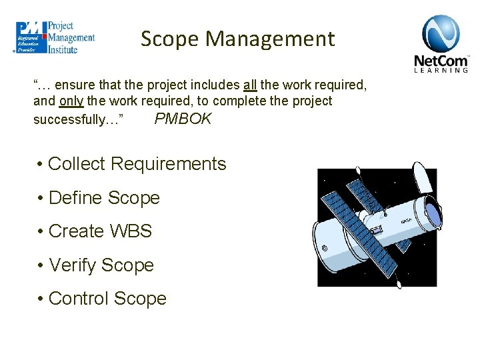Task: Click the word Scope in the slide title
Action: tap(170, 39)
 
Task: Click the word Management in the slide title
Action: tap(270, 39)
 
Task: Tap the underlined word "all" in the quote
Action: tap(250, 85)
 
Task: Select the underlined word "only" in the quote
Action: tap(71, 101)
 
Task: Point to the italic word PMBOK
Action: tap(183, 119)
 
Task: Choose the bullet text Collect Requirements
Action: tap(137, 164)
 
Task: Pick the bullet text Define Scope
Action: tap(104, 198)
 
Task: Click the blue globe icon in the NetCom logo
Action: tap(441, 33)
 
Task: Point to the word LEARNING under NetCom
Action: tap(441, 69)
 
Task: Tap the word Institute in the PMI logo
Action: tap(63, 49)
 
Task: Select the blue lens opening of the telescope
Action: tap(433, 214)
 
